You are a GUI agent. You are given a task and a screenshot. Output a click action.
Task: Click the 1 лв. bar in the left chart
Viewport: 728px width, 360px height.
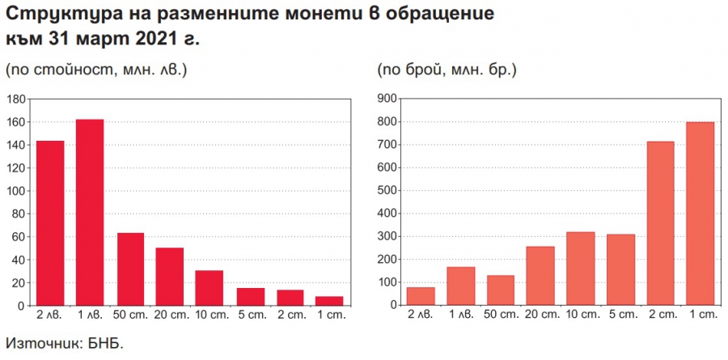pos(90,213)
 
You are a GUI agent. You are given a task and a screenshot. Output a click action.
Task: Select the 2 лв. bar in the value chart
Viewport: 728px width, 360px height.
pos(50,223)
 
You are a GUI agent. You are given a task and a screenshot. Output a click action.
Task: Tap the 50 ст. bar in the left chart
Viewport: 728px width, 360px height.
pos(130,269)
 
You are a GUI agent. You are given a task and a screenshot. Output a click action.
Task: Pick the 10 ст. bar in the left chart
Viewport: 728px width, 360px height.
pos(210,288)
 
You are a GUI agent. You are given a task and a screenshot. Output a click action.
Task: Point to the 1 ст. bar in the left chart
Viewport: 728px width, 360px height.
pos(329,301)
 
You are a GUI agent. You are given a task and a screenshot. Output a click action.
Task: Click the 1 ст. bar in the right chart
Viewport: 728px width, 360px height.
pos(700,214)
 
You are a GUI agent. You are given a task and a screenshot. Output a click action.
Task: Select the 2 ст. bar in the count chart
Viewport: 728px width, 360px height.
pos(660,223)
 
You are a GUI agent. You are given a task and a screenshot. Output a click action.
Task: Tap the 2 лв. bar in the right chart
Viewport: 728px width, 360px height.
pos(421,296)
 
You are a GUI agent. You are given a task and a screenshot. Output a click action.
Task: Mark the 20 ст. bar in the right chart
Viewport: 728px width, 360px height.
pos(540,276)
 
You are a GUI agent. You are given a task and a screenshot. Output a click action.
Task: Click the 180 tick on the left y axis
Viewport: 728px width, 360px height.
pos(15,99)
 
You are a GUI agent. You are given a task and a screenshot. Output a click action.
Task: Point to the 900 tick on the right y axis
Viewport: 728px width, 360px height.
pos(385,99)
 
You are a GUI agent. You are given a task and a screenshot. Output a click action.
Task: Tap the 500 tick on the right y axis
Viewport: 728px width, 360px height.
pos(385,191)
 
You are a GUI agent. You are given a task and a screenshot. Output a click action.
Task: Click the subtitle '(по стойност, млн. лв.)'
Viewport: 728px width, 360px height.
pos(96,70)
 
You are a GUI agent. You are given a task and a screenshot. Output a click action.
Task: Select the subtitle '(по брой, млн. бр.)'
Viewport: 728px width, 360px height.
pos(447,70)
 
